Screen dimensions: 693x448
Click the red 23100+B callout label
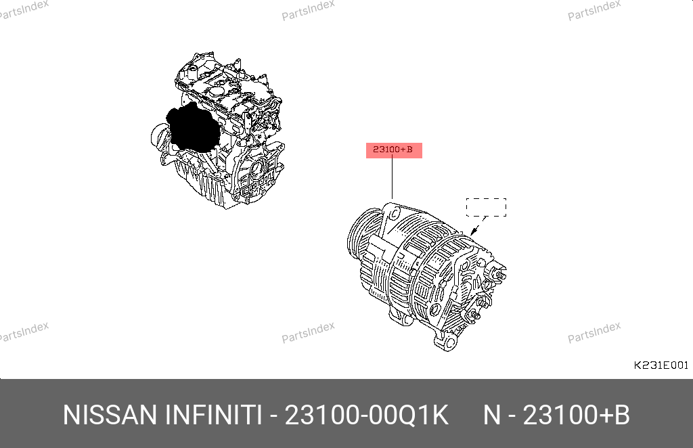394,150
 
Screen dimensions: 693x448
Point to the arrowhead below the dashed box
474,231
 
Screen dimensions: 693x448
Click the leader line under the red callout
392,179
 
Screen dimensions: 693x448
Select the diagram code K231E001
661,365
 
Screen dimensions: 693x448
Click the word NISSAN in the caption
110,415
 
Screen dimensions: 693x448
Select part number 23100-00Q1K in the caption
366,415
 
